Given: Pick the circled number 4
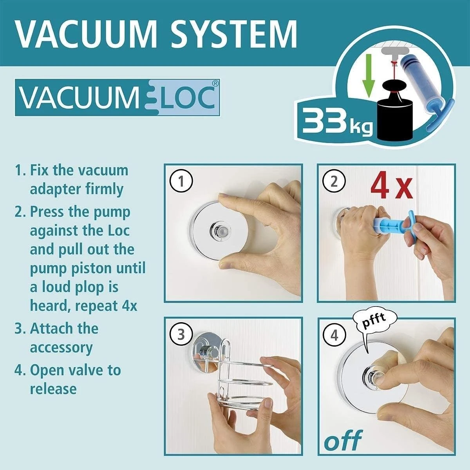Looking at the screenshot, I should point(334,335).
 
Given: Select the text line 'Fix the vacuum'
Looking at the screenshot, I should point(79,171).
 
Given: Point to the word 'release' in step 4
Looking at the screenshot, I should point(53,389).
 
